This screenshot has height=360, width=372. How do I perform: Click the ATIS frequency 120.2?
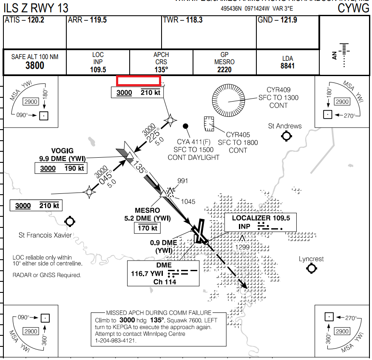(36, 20)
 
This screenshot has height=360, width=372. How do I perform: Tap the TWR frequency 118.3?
(194, 20)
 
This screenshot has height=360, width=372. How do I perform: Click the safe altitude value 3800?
(34, 65)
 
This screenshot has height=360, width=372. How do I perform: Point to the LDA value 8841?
(287, 66)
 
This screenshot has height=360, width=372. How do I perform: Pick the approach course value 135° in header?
(161, 70)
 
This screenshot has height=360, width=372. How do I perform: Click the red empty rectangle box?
(138, 81)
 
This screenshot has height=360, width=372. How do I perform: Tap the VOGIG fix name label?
(62, 151)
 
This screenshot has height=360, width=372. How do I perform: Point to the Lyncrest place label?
(311, 259)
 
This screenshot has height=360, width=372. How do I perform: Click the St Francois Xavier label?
(45, 235)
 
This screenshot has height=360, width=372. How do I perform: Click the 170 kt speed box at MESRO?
(147, 228)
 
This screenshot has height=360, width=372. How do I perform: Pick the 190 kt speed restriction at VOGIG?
(75, 169)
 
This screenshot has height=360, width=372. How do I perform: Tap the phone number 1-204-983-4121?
(116, 340)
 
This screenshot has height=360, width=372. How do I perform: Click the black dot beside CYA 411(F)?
(185, 126)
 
